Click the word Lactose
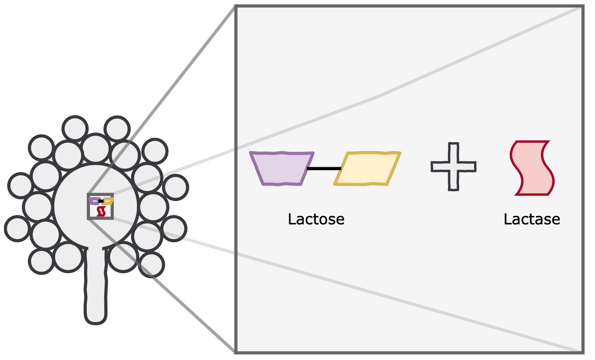coord(316,219)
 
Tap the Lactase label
coord(532,219)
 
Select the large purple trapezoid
coord(282,169)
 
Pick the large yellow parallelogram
coord(367,169)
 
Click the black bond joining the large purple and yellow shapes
coord(324,169)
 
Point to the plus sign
coord(453,167)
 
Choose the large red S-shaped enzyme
coord(532,168)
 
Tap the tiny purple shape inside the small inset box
coord(94,201)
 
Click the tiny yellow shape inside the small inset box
coord(107,201)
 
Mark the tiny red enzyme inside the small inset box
coord(101,212)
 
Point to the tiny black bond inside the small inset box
coord(101,201)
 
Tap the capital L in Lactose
coord(292,219)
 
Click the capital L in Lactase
coord(508,219)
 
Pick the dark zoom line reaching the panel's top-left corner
coord(161,100)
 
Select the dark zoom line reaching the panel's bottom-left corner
coord(161,286)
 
